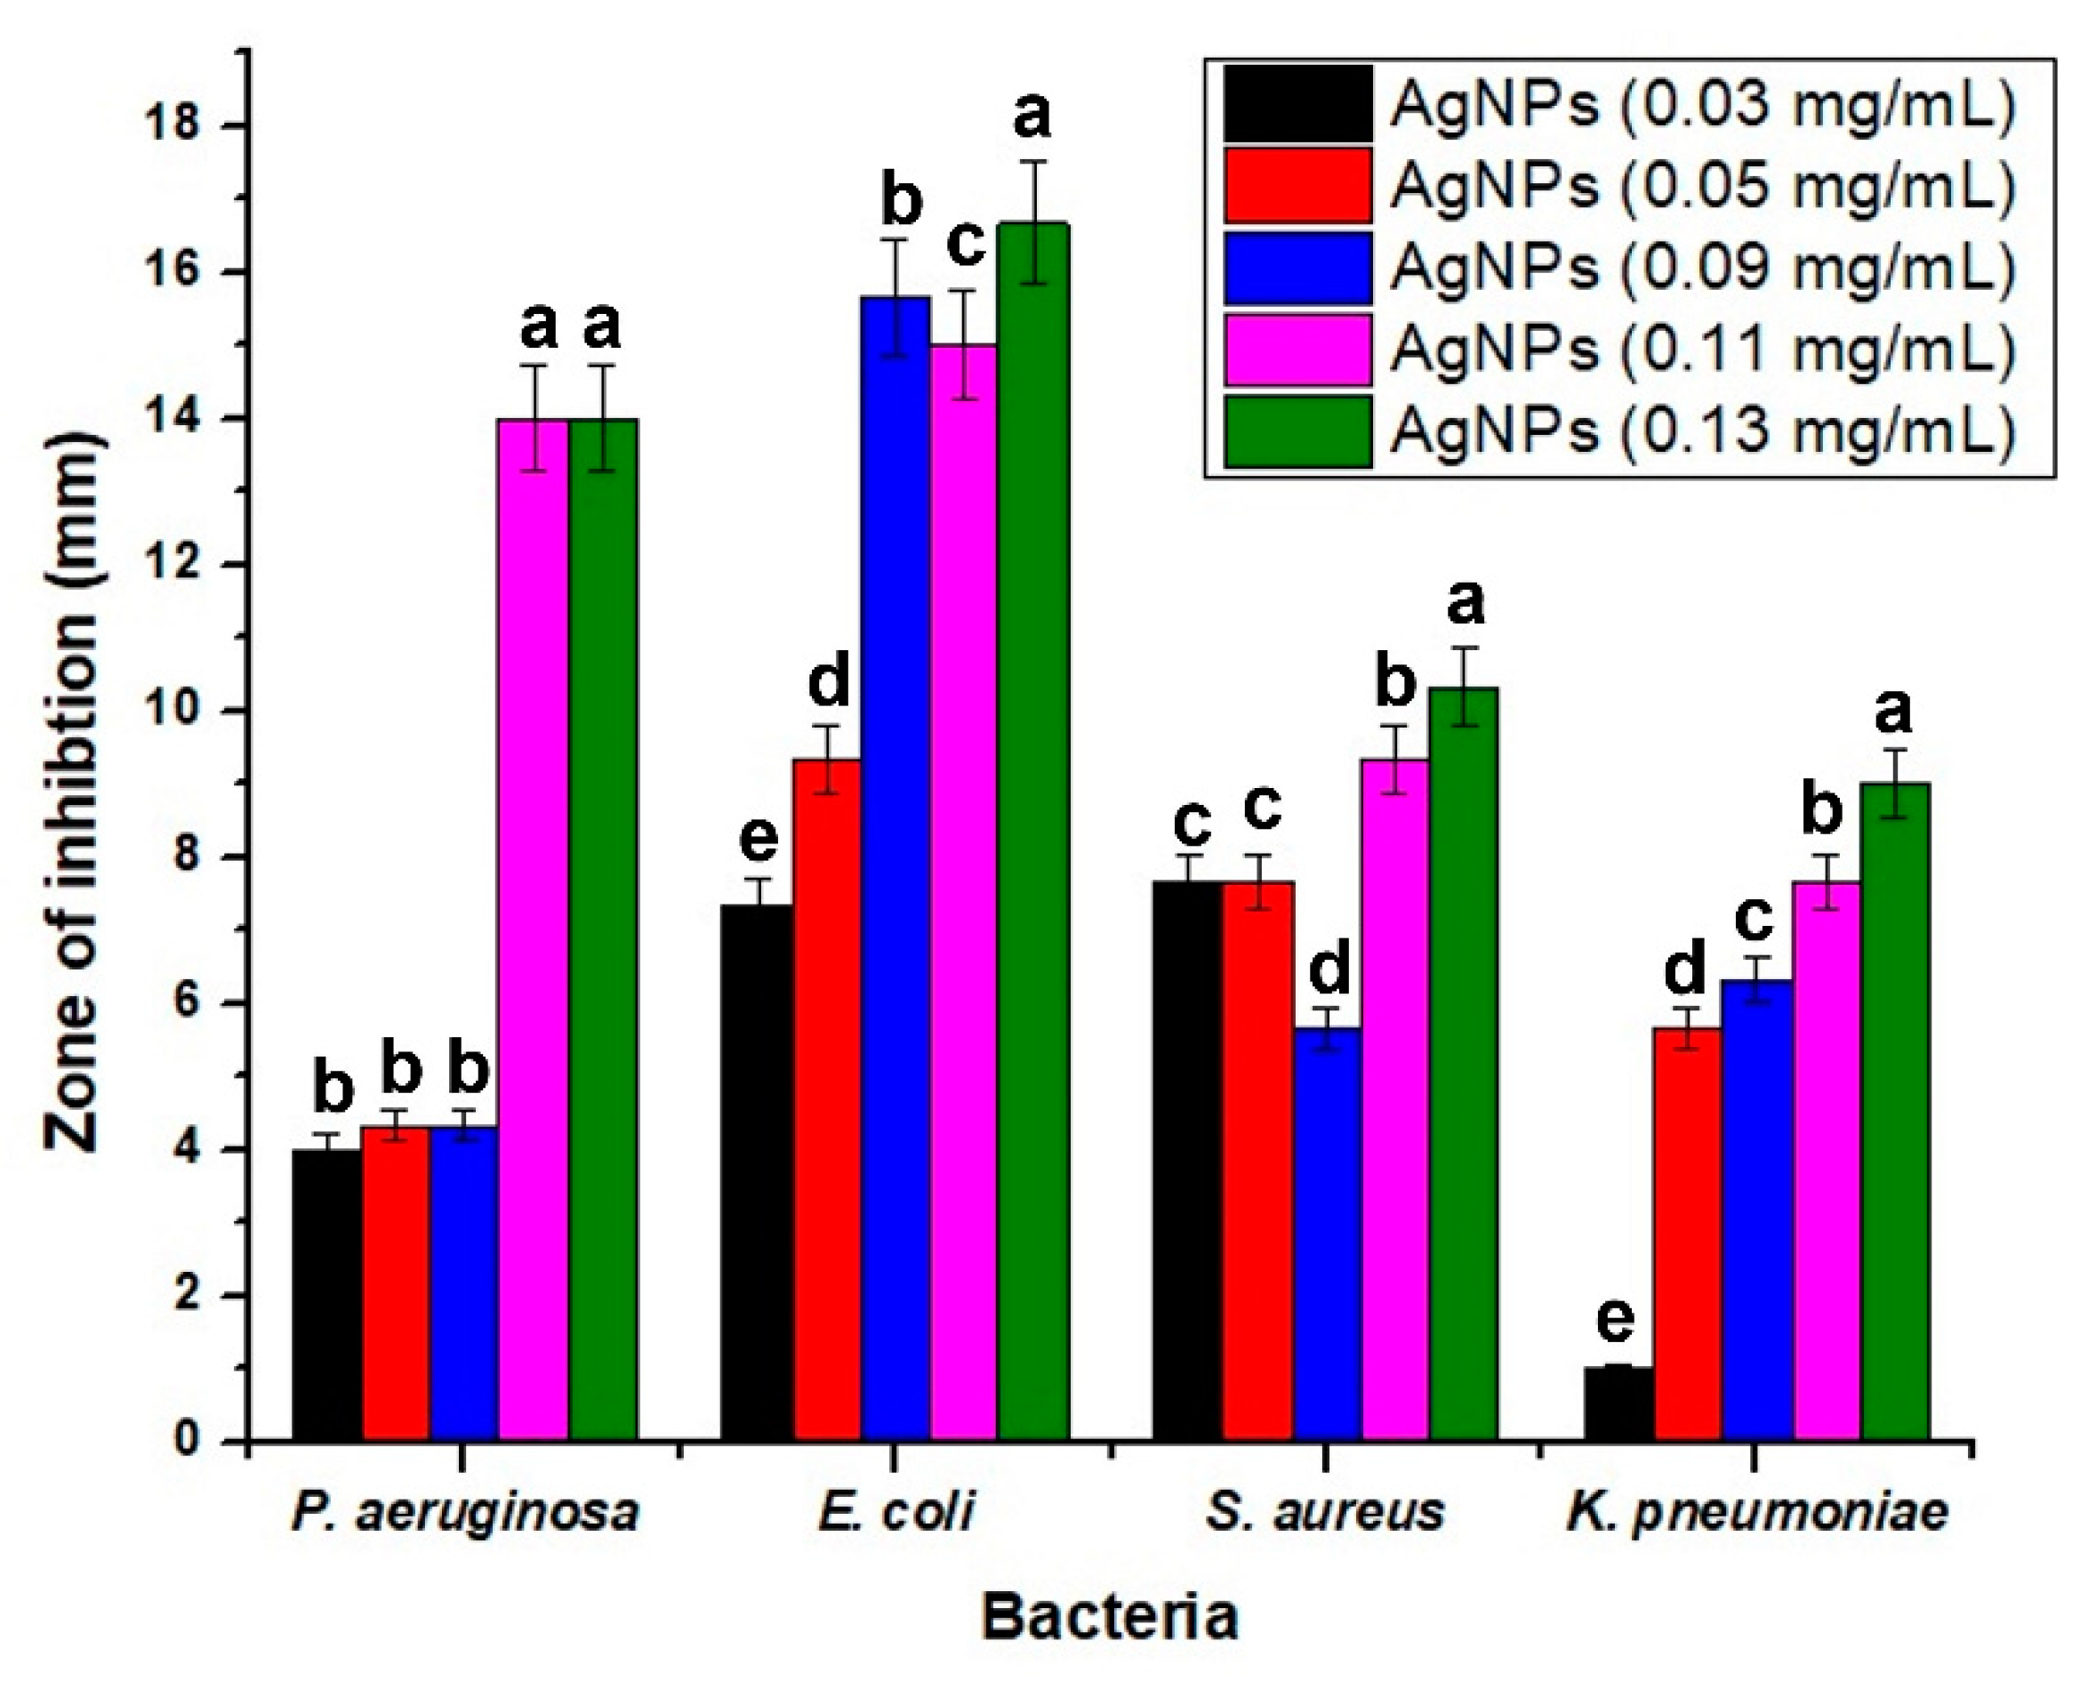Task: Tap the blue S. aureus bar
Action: point(1326,1234)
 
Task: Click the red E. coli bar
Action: point(827,1098)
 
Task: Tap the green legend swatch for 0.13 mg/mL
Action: point(1297,430)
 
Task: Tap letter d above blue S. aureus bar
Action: point(1328,969)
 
